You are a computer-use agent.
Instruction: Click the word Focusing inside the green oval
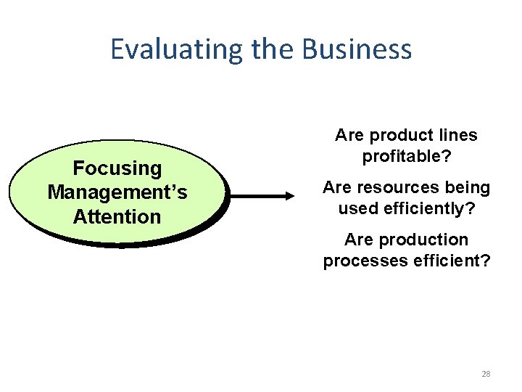pyautogui.click(x=117, y=168)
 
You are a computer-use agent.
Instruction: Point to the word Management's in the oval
pyautogui.click(x=117, y=192)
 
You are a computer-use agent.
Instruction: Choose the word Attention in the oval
pyautogui.click(x=117, y=216)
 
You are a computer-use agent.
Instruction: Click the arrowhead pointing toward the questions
pyautogui.click(x=289, y=195)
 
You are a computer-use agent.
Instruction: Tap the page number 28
pyautogui.click(x=486, y=374)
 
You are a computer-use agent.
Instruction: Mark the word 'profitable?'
pyautogui.click(x=406, y=156)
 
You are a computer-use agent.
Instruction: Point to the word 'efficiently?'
pyautogui.click(x=428, y=208)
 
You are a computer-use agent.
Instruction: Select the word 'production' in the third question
pyautogui.click(x=423, y=240)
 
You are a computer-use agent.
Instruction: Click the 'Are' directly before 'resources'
pyautogui.click(x=337, y=187)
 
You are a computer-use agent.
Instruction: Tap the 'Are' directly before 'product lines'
pyautogui.click(x=349, y=135)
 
